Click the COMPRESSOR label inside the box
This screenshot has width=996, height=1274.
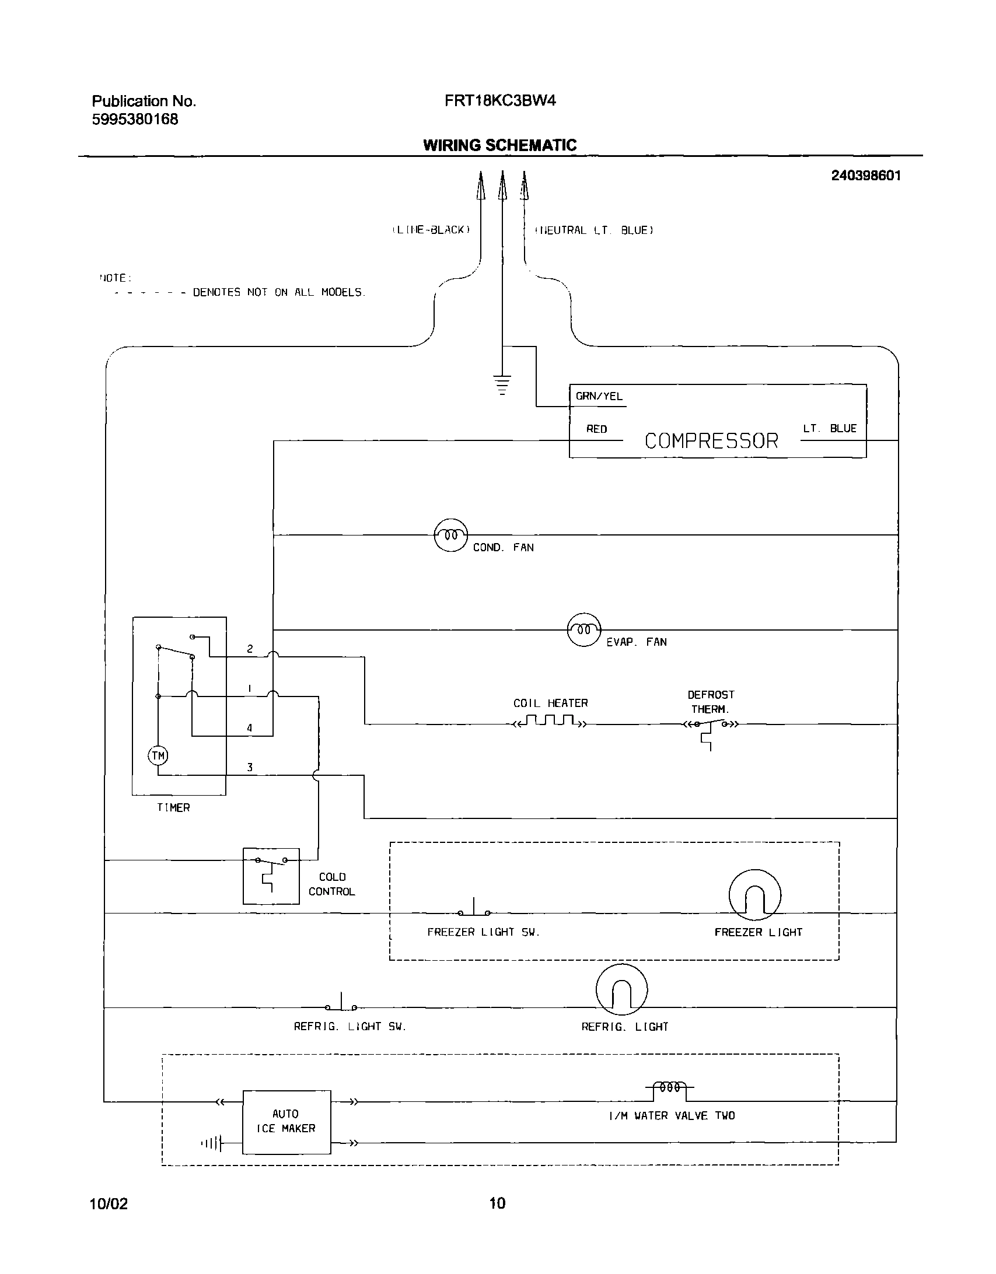[711, 440]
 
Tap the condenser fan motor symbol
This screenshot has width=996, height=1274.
[451, 534]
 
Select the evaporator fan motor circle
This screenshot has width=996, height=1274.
[584, 629]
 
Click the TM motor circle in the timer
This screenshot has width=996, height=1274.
[158, 756]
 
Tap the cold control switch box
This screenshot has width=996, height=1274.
[271, 876]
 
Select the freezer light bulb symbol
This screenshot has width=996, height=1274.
[754, 897]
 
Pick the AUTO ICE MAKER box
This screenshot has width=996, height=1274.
[286, 1122]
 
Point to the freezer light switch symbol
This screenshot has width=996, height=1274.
[474, 911]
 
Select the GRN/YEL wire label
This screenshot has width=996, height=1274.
[599, 396]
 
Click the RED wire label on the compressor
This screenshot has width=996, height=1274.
[596, 429]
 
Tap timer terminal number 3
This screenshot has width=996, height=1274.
[250, 767]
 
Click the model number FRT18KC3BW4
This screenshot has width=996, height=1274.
[500, 101]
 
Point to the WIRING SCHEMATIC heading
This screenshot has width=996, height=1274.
[499, 145]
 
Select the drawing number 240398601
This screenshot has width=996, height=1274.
[866, 176]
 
